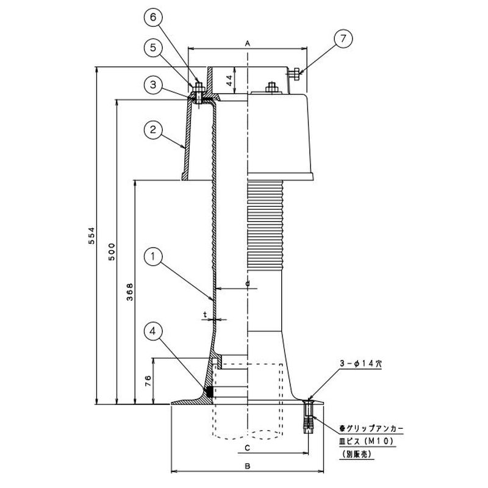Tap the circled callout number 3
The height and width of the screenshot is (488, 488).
pyautogui.click(x=152, y=84)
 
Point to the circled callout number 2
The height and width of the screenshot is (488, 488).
pyautogui.click(x=152, y=129)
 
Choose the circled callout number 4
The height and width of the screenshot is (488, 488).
pyautogui.click(x=152, y=331)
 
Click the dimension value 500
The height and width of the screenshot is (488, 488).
pyautogui.click(x=112, y=253)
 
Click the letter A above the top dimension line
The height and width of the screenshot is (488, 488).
pyautogui.click(x=248, y=43)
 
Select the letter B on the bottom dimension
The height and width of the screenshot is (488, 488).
pyautogui.click(x=248, y=465)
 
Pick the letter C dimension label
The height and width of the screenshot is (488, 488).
pyautogui.click(x=248, y=447)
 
